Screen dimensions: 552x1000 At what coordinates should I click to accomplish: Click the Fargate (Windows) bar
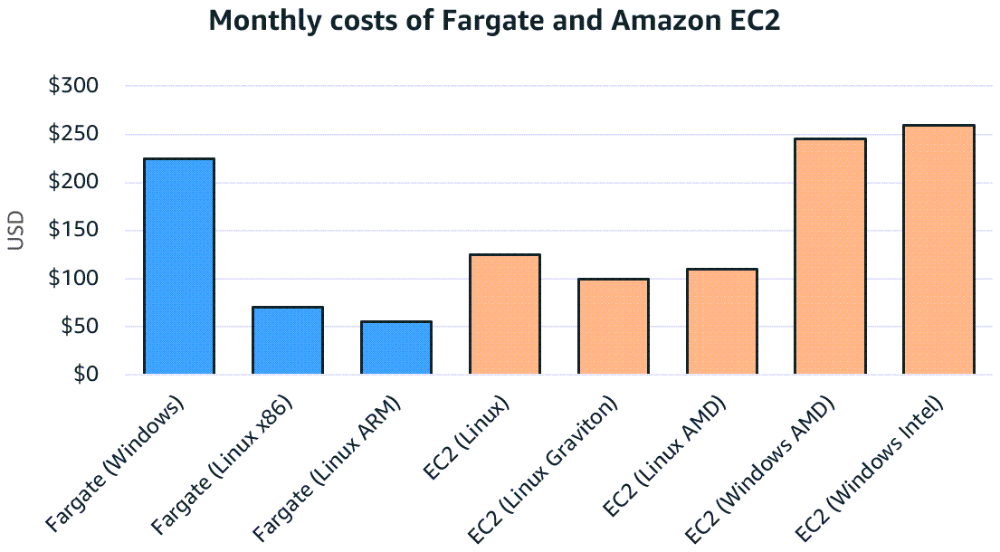tap(179, 266)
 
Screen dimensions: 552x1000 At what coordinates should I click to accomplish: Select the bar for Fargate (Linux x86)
tap(288, 340)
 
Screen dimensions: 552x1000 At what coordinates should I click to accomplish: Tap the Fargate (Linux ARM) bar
tap(395, 347)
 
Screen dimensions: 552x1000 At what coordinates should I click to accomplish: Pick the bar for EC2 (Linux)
tap(504, 314)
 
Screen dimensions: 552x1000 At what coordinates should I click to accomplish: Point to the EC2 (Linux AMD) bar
tap(721, 321)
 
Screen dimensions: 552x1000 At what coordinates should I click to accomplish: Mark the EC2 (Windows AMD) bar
tap(830, 256)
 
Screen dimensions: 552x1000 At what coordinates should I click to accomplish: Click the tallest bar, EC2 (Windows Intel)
tap(938, 250)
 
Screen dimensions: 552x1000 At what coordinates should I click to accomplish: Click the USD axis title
tap(15, 231)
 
